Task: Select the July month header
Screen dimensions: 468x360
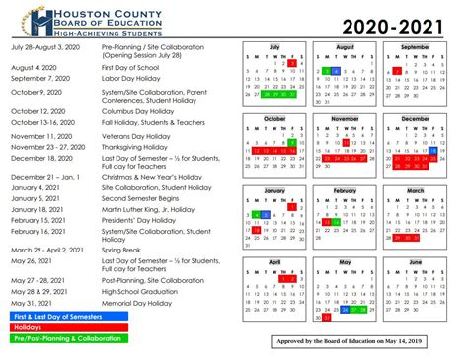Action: point(275,46)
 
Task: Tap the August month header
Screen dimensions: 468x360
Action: point(345,46)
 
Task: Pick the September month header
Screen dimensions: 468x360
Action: point(416,46)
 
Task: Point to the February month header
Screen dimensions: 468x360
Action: point(345,190)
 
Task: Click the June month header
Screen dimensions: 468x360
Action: point(416,262)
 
